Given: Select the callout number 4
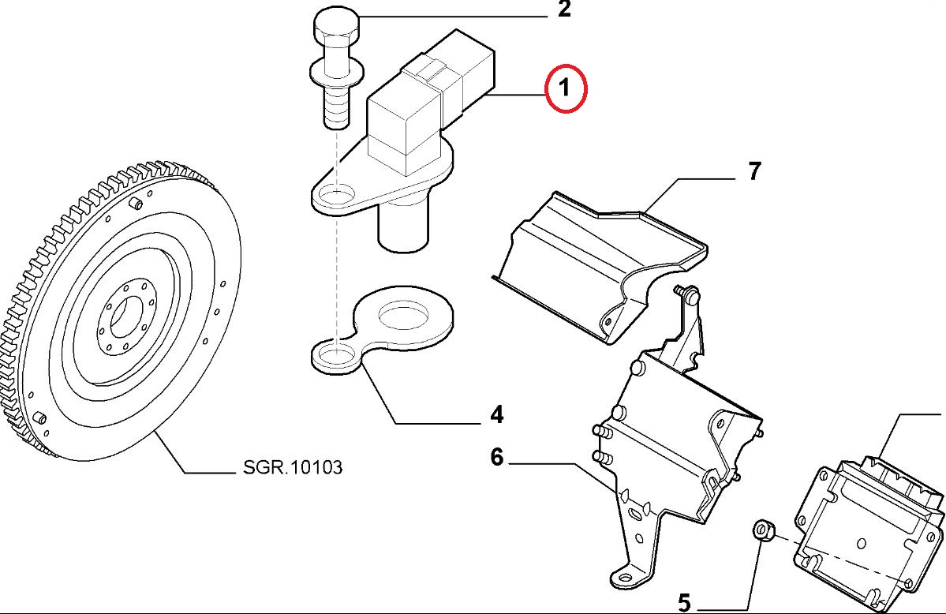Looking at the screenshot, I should coord(496,414).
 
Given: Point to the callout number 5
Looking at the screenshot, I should coord(683,604).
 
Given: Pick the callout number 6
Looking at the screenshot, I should coord(496,456).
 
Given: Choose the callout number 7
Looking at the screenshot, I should coord(753,170).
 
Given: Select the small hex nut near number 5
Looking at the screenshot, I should coord(762,530).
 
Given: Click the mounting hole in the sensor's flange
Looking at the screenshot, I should coord(338,194).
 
